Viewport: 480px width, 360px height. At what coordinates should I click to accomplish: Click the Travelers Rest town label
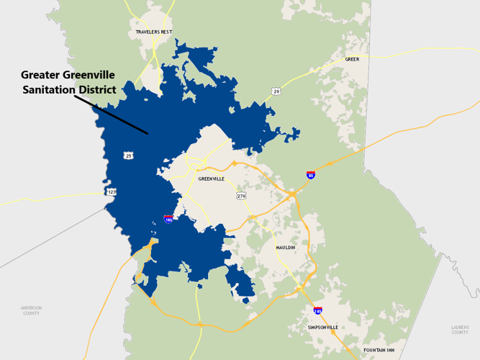coord(153,32)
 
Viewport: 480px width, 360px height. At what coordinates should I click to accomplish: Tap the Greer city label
coord(352,59)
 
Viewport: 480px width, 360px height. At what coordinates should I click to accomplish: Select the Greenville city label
coord(211,179)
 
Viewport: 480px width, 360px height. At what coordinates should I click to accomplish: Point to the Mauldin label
coord(286,248)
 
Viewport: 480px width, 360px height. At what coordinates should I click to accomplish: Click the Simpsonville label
coord(322,327)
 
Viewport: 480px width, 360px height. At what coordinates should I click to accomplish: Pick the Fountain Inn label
coord(379,350)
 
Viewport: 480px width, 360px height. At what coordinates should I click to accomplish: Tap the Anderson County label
coord(31,310)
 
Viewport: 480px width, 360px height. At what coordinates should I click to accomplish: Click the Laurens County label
coord(460,330)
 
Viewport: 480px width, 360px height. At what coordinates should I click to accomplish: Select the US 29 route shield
coord(276,91)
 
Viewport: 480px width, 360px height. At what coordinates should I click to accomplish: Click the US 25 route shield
coord(129,155)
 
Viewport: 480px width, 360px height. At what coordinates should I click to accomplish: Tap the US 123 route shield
coord(112,192)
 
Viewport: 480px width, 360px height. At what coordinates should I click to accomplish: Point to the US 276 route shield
coord(241,195)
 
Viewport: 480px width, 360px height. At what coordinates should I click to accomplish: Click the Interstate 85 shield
coord(310,175)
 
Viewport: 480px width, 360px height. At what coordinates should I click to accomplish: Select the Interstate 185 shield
coord(168,218)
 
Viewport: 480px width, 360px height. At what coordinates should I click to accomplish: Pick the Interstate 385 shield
coord(317,310)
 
